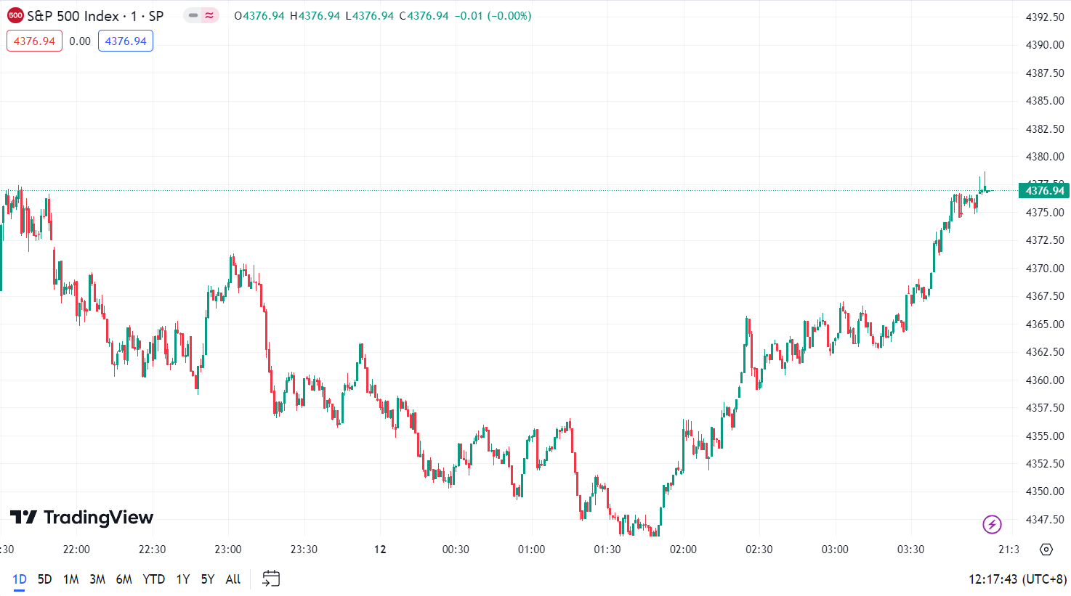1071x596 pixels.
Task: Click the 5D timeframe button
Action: click(45, 579)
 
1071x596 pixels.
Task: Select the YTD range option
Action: click(153, 579)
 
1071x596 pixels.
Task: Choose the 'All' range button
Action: click(233, 579)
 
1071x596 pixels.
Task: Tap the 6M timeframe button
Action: click(124, 579)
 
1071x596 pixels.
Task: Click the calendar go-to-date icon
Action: click(271, 579)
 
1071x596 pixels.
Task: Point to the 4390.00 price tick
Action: click(1044, 45)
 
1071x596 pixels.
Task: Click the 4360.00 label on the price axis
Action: click(1044, 380)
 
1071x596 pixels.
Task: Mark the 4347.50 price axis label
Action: click(1044, 519)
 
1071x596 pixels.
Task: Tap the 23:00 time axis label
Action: click(228, 550)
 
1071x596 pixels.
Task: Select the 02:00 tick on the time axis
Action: click(683, 550)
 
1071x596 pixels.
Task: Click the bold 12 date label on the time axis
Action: click(380, 550)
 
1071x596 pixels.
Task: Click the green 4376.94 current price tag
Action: click(1044, 191)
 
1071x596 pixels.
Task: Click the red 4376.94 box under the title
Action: click(34, 41)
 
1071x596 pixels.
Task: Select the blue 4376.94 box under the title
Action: click(126, 41)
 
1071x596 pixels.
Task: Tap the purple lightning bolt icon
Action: click(992, 523)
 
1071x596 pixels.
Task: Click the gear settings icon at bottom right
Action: click(1046, 550)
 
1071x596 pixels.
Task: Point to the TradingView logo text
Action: click(82, 518)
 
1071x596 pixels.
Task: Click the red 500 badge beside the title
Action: click(15, 15)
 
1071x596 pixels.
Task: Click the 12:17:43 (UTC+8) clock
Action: click(1017, 579)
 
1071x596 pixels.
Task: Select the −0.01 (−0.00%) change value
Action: click(493, 16)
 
